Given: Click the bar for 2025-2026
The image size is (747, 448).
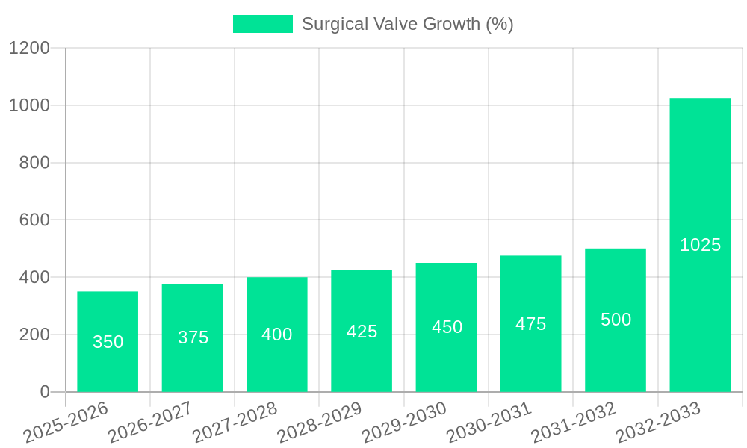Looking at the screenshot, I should pos(108,341).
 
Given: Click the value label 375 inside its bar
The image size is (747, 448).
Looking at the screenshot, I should pos(193,337).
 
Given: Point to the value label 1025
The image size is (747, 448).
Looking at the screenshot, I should pos(700,245).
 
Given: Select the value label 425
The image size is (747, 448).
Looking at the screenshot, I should pos(362,332).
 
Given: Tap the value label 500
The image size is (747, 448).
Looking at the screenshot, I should pos(616,320).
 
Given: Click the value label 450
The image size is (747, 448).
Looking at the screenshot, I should pos(447,327).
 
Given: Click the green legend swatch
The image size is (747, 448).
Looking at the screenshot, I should pos(262,24).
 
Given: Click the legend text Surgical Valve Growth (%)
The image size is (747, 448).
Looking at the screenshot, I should pos(407,24).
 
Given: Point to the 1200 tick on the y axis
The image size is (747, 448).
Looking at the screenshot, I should pos(29,48).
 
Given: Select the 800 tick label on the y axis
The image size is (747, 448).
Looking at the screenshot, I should pos(34,163).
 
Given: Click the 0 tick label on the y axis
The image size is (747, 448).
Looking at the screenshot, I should pos(44,392).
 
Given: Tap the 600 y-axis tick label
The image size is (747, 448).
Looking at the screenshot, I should pos(34,220).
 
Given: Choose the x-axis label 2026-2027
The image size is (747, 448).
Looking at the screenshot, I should pos(150,423).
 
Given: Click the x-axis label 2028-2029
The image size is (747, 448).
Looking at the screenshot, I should pos(320,423).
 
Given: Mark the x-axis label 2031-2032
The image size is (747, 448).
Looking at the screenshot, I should pos(574,423).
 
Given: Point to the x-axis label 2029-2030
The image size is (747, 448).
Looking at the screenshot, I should pos(404,423).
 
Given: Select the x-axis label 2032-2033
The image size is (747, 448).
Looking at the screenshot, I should pos(658,423).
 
